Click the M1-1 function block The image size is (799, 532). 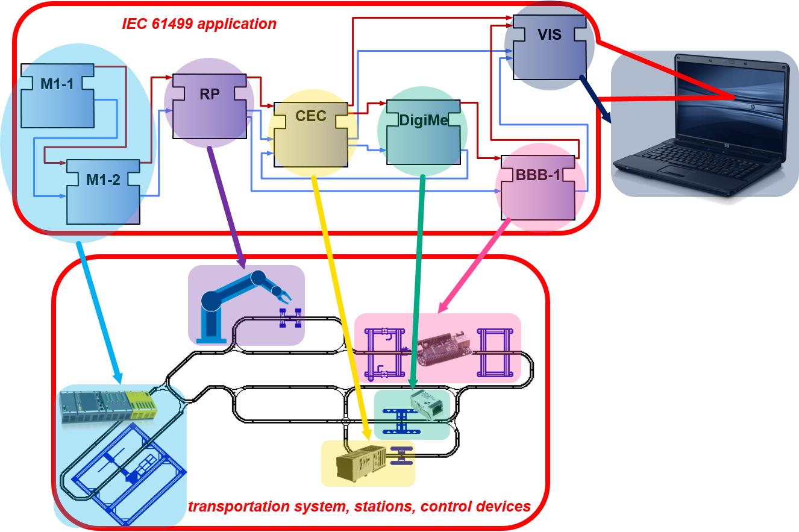[x=57, y=96]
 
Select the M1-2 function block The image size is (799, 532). [x=104, y=192]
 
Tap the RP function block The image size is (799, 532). [x=209, y=106]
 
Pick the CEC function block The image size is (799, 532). [x=311, y=134]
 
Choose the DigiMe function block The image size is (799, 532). [x=424, y=133]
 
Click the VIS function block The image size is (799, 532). [x=550, y=48]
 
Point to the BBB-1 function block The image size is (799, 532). [x=538, y=187]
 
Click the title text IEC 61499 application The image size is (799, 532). [x=199, y=24]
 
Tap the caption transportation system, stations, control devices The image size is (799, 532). [x=359, y=506]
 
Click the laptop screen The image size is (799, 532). [x=732, y=104]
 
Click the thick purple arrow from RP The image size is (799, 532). [x=227, y=207]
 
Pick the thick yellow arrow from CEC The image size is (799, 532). [x=342, y=308]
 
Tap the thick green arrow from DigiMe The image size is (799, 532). [x=418, y=282]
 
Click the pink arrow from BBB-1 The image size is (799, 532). [x=474, y=266]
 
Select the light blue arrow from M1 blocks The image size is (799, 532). [x=100, y=313]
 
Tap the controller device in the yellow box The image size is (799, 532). [x=361, y=463]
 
